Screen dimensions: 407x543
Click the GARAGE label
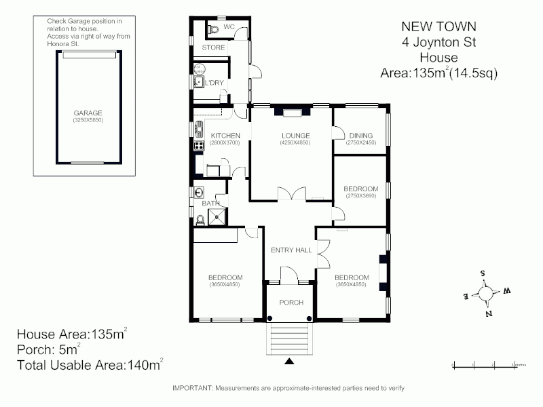[88, 113]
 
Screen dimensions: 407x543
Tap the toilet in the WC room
[214, 30]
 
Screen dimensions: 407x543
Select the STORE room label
[213, 47]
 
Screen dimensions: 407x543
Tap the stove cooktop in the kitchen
[199, 144]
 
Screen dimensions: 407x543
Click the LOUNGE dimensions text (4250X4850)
[296, 143]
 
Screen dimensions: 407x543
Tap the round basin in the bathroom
[198, 191]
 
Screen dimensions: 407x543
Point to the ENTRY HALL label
[291, 250]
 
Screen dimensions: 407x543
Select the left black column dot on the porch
[270, 318]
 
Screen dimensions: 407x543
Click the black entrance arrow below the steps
[290, 363]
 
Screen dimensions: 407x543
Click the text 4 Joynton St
[438, 42]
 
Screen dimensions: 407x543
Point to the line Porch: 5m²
[48, 349]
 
